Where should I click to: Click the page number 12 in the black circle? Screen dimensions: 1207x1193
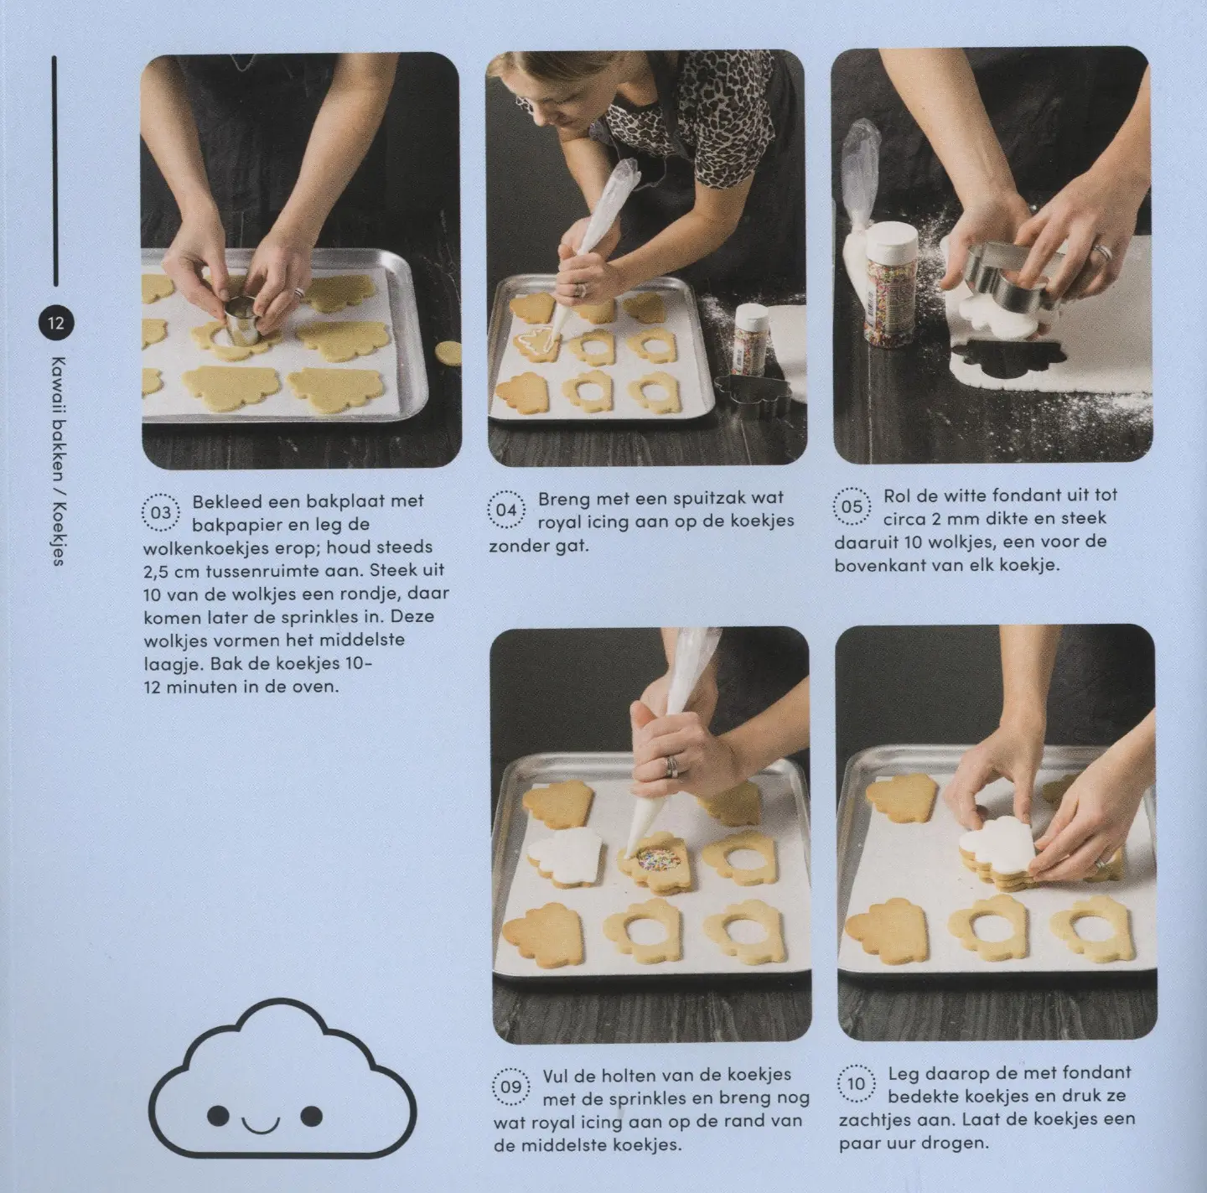[56, 324]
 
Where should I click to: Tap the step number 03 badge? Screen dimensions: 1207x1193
[161, 513]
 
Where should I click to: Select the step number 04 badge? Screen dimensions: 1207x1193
[506, 510]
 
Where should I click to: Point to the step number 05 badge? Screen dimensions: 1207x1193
[852, 506]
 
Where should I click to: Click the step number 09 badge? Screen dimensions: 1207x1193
[511, 1087]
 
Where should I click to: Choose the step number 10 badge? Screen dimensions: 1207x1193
[857, 1084]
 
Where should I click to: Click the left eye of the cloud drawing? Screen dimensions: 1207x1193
[218, 1115]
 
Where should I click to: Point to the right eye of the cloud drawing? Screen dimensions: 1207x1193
[311, 1115]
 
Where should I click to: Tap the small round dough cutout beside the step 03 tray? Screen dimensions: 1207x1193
[448, 354]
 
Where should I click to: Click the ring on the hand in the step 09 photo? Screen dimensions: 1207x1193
[671, 766]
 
